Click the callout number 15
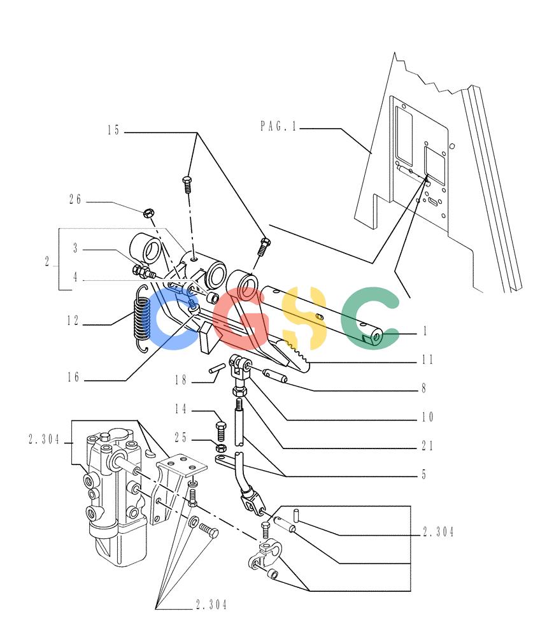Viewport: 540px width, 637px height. coord(114,130)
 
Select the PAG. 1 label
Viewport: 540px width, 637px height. coord(279,126)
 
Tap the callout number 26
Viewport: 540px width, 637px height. coord(75,199)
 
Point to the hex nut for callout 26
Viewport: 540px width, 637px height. coord(149,212)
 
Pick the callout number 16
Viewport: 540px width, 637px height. coord(73,377)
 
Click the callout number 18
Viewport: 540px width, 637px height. coord(181,380)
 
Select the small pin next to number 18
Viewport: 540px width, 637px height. coord(217,368)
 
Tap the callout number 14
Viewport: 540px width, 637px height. coord(181,409)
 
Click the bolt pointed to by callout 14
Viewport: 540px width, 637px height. coord(221,431)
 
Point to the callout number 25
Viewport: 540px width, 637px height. coord(181,438)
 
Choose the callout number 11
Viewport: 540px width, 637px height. coord(427,359)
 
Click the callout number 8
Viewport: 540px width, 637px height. coord(424,388)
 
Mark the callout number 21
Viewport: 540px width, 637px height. coord(427,446)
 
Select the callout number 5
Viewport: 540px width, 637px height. coord(424,474)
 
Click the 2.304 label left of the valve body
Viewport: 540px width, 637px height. coord(44,439)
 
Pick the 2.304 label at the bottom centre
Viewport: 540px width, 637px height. coord(211,605)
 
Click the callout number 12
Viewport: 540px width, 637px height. coord(73,320)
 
